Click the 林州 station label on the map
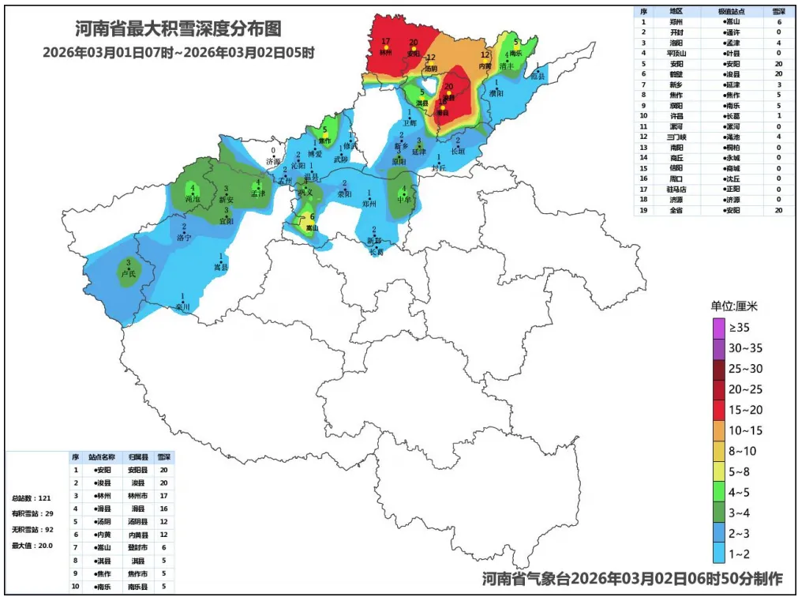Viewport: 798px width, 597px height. pos(385,52)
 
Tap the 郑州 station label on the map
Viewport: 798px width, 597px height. pos(369,203)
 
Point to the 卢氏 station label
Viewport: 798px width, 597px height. pos(127,273)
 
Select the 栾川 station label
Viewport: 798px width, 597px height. pos(182,306)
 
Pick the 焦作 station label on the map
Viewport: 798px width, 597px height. pos(324,141)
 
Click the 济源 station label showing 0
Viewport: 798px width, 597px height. pos(273,160)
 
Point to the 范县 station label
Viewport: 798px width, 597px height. pos(538,76)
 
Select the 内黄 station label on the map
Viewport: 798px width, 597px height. pos(485,66)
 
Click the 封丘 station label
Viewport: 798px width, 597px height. pos(439,167)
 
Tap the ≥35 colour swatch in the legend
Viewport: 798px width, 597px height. pos(717,327)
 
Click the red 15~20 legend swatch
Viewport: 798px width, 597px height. pos(717,409)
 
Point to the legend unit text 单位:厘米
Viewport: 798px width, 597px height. pos(734,306)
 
